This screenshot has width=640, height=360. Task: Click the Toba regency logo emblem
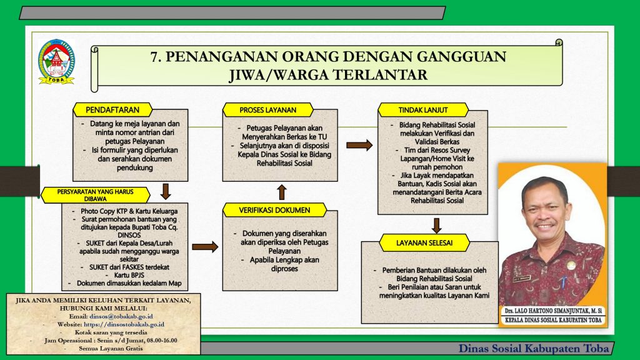(x=56, y=62)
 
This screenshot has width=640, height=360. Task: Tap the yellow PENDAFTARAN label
(x=112, y=110)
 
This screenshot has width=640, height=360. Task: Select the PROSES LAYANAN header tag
(x=268, y=110)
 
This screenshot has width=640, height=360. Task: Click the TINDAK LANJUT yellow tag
(x=423, y=110)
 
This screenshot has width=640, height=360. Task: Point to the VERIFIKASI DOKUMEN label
(x=275, y=210)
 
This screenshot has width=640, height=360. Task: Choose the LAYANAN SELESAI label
(x=424, y=243)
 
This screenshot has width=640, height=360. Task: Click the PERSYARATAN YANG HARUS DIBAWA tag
(x=95, y=195)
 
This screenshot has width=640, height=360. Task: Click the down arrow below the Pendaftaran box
(x=165, y=191)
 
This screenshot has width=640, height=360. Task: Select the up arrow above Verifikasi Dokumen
(x=282, y=192)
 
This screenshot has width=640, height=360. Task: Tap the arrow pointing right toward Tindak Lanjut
(x=359, y=145)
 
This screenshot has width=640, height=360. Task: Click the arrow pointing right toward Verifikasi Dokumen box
(x=205, y=246)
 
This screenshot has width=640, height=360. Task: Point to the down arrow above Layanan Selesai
(x=437, y=225)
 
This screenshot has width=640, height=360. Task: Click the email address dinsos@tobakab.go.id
(x=121, y=316)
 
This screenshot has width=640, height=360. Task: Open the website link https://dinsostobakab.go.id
(x=124, y=324)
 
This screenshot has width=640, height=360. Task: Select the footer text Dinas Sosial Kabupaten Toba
(x=534, y=348)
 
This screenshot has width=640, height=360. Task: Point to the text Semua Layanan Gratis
(x=111, y=348)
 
